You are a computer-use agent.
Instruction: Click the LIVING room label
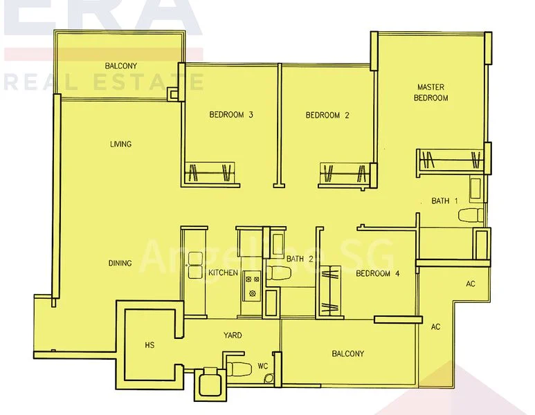(120, 145)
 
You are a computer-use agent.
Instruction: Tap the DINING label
(120, 264)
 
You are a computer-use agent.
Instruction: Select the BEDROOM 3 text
(230, 116)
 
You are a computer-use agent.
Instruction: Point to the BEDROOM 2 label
(327, 116)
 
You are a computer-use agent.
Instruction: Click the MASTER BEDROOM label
(430, 93)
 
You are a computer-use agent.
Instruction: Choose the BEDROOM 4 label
(377, 274)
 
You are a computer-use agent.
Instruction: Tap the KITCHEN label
(223, 273)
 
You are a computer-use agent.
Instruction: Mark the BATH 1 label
(444, 201)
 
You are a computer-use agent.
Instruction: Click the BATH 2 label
(300, 259)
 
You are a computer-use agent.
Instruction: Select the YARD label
(232, 335)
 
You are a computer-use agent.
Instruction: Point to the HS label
(149, 344)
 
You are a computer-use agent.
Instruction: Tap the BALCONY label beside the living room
(121, 66)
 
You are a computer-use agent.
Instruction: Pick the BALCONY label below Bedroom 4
(347, 354)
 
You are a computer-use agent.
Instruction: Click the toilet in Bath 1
(470, 214)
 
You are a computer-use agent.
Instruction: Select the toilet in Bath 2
(279, 275)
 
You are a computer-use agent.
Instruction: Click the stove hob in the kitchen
(251, 286)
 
